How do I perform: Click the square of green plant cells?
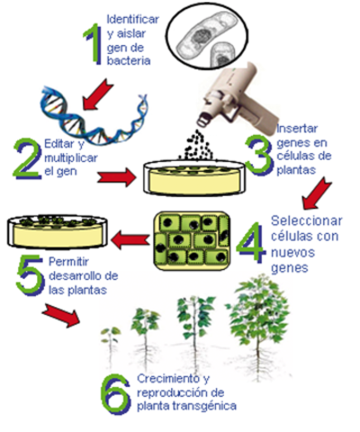click(x=185, y=239)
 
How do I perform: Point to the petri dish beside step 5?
click(x=49, y=229)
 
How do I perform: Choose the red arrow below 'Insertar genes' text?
click(x=318, y=189)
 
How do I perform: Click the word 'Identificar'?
click(x=132, y=19)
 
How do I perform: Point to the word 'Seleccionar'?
click(x=307, y=220)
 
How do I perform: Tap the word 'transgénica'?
click(x=208, y=406)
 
